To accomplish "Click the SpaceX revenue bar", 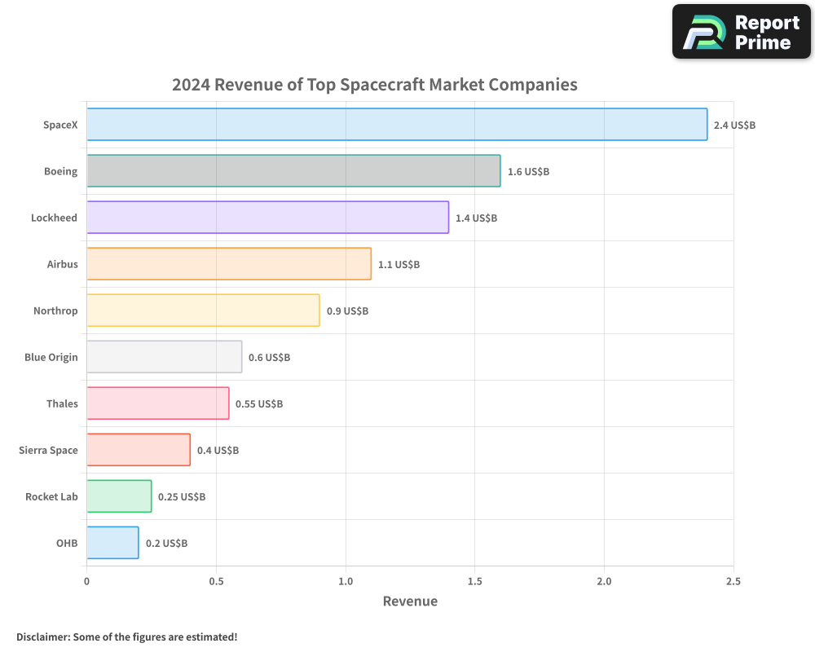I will (396, 125).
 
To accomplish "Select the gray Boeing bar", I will (293, 171).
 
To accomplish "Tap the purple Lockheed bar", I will (267, 218).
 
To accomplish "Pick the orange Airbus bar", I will (228, 264).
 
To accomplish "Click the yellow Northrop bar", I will (203, 311).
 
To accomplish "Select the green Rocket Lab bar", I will (119, 496).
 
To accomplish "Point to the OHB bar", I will (112, 543).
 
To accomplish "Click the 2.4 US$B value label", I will (734, 126).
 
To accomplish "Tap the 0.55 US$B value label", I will (259, 404).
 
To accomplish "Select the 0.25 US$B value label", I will (182, 497).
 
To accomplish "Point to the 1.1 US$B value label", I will (399, 265).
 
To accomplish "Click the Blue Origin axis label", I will (51, 357).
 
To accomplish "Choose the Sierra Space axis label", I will (48, 450).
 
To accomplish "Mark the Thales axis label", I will (62, 403).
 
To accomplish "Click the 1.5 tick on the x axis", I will (475, 581).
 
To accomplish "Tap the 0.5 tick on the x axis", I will (216, 581).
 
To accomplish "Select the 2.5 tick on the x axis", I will (733, 581).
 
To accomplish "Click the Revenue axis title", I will (410, 601).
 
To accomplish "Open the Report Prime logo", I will (741, 32).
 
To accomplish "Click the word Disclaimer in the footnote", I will (42, 637).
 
